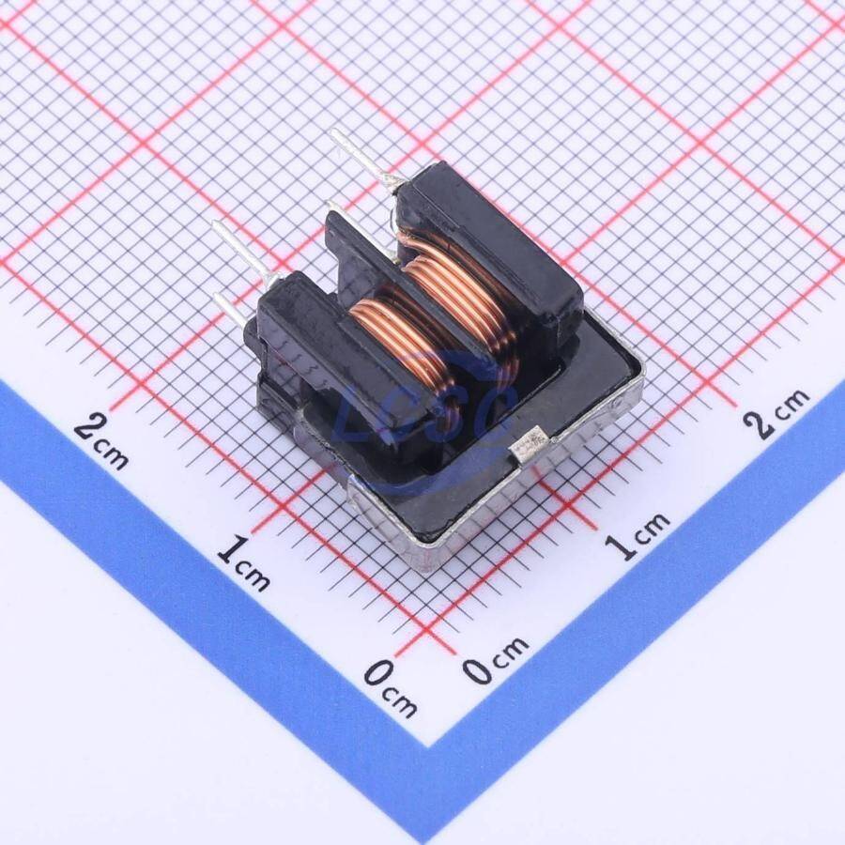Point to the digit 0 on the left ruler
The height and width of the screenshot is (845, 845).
coord(377,673)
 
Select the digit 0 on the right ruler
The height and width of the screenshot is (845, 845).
coord(476,669)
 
